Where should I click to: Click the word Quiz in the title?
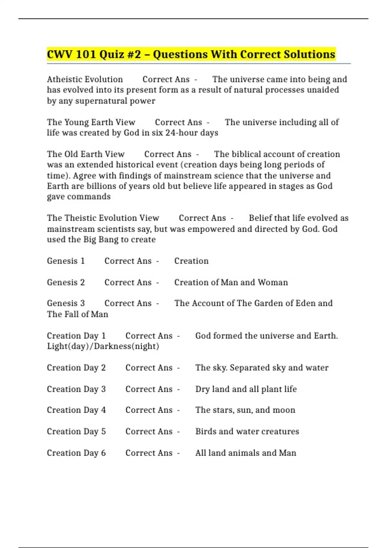click(x=112, y=54)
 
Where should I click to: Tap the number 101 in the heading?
click(x=86, y=54)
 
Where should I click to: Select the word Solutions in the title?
click(x=309, y=54)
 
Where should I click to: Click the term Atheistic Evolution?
click(x=85, y=79)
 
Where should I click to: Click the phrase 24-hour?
click(x=178, y=133)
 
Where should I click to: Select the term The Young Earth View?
click(x=91, y=122)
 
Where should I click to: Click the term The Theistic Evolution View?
click(x=103, y=218)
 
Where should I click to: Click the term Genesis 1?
click(x=66, y=261)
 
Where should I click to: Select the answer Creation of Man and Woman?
click(x=231, y=282)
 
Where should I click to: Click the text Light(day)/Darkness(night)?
click(x=103, y=346)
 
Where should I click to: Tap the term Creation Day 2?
click(x=76, y=368)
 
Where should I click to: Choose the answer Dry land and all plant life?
click(x=246, y=389)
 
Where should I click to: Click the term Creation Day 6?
click(x=76, y=453)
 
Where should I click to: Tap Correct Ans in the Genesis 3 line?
click(x=128, y=303)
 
